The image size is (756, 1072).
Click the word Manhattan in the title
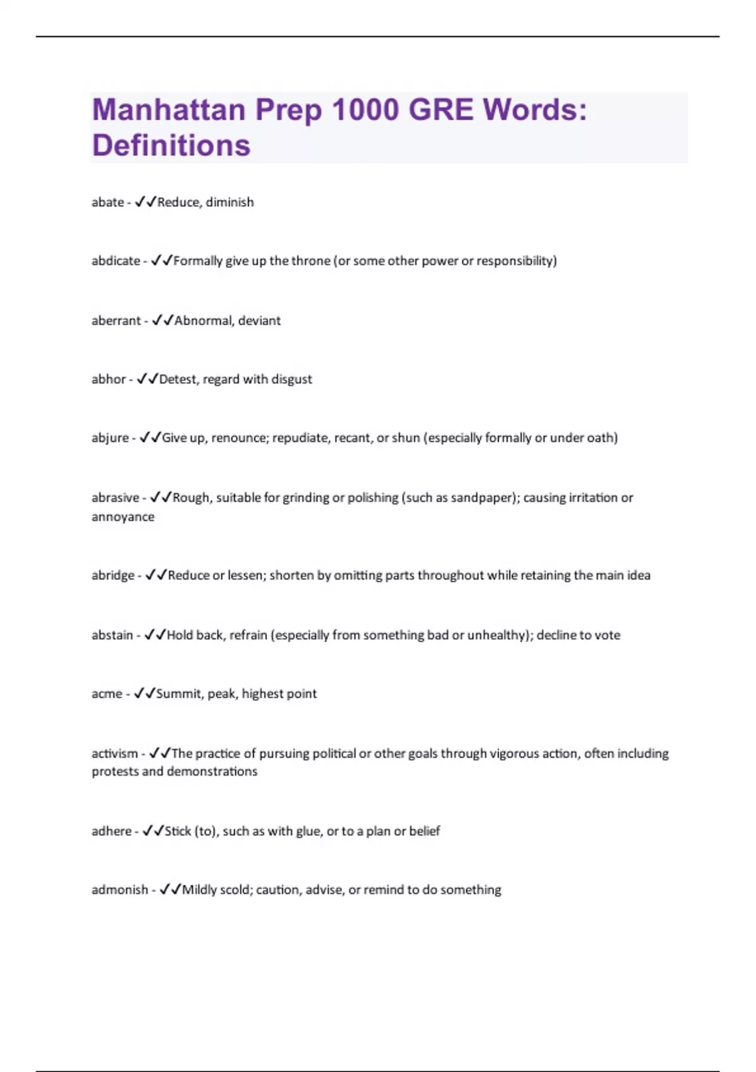(x=168, y=110)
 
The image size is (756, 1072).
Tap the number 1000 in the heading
(x=365, y=110)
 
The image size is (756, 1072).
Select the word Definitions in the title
(x=171, y=145)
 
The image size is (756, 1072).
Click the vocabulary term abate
(x=108, y=202)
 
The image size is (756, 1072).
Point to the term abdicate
(x=116, y=261)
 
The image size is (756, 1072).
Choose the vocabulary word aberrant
(x=116, y=320)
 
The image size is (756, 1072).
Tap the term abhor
(x=108, y=379)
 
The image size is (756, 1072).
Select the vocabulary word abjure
(x=110, y=438)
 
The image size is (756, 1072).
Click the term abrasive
(x=115, y=498)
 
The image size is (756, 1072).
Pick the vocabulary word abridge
(x=113, y=575)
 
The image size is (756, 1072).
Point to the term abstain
(x=112, y=635)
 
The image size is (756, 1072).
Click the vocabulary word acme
(x=106, y=694)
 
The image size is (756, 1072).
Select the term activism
(x=115, y=754)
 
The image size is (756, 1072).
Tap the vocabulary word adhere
(x=112, y=831)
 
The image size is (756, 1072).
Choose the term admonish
(x=120, y=890)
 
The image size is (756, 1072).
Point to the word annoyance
(x=123, y=517)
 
